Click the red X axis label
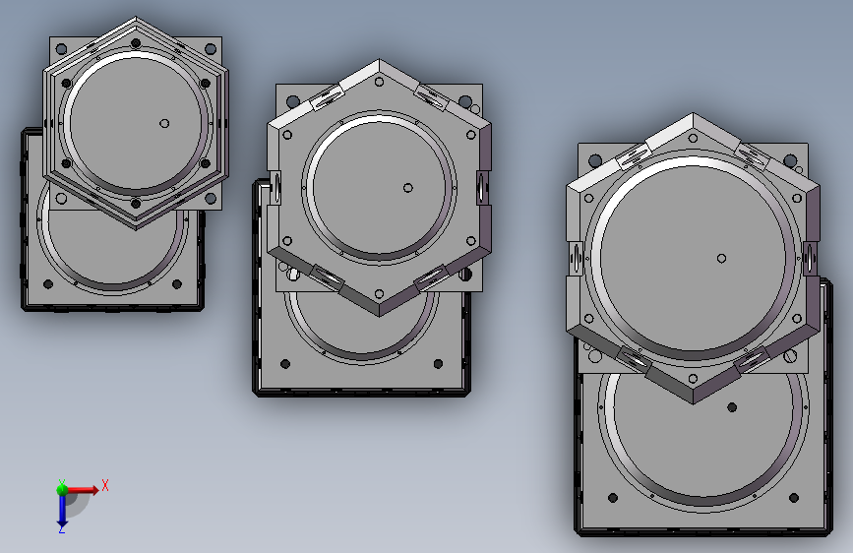tap(105, 485)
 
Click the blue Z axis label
tap(62, 528)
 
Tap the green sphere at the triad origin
tap(63, 490)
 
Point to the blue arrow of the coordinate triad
tap(62, 509)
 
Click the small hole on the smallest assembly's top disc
tap(164, 124)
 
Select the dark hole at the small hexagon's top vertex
tap(136, 43)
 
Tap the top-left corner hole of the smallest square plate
tap(61, 49)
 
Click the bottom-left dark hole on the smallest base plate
tap(48, 284)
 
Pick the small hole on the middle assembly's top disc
tap(408, 188)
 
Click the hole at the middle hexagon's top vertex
tap(379, 83)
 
